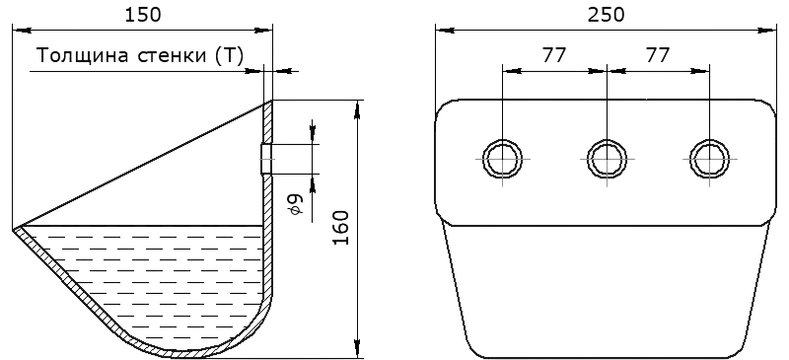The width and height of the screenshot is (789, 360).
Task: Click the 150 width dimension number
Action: tap(143, 15)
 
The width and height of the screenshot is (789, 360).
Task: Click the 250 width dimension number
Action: tap(606, 15)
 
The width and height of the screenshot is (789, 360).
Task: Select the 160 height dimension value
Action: tap(341, 228)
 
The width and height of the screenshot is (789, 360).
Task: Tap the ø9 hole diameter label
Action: tap(297, 205)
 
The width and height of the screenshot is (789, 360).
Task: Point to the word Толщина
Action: tap(82, 55)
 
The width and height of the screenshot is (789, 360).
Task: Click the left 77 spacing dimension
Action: tap(554, 55)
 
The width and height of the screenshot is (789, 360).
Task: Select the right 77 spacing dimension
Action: tap(657, 55)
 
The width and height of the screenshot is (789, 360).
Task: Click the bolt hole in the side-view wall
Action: tap(266, 159)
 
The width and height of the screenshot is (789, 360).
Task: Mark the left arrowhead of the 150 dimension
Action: tap(21, 31)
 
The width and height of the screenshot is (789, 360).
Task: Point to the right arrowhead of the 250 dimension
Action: tap(767, 31)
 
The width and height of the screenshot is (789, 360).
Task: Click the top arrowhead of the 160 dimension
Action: tap(357, 109)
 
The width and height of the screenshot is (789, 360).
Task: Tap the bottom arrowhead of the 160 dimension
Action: tap(357, 349)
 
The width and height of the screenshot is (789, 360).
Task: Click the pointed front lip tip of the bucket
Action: tap(13, 230)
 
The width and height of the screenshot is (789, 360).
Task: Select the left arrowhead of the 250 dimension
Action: tap(445, 31)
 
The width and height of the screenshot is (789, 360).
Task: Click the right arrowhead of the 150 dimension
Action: tap(263, 31)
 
